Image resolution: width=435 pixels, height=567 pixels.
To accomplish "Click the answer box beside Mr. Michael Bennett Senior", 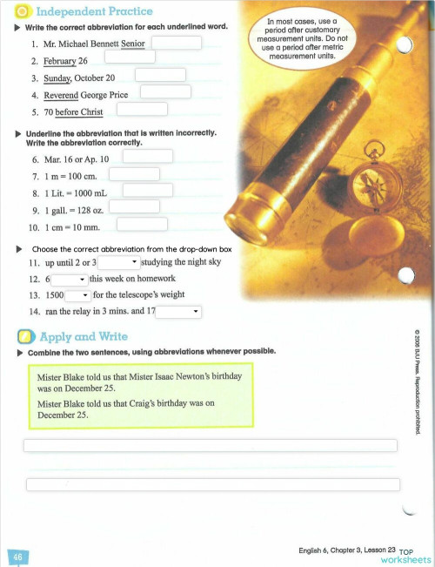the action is point(177,42).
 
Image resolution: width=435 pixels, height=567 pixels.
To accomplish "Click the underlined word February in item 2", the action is point(59,61).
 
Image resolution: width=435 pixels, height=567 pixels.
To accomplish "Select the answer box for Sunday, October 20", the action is point(160,75).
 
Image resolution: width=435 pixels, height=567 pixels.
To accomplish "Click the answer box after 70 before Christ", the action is point(142,110).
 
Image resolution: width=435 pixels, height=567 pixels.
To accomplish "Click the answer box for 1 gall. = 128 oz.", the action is point(134,206).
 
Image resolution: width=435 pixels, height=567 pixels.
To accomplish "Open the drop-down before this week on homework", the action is point(69,279).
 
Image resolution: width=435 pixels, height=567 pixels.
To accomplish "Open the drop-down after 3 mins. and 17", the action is point(179,311).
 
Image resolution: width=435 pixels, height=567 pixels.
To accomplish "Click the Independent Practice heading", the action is point(95,10).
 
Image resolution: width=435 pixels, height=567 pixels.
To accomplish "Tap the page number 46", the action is point(17,555).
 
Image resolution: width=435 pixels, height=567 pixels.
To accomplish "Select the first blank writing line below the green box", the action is point(210,445).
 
